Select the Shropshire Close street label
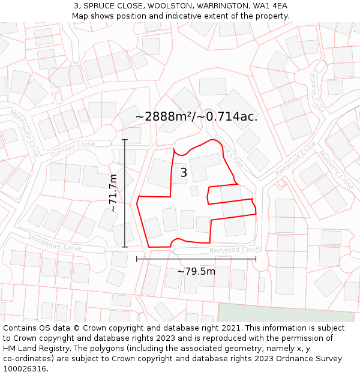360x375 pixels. (55, 242)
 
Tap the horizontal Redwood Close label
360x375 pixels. (235, 250)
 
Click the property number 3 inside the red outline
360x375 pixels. (184, 173)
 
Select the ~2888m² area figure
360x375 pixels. (163, 116)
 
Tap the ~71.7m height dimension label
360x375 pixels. (113, 193)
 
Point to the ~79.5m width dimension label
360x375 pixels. (196, 271)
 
